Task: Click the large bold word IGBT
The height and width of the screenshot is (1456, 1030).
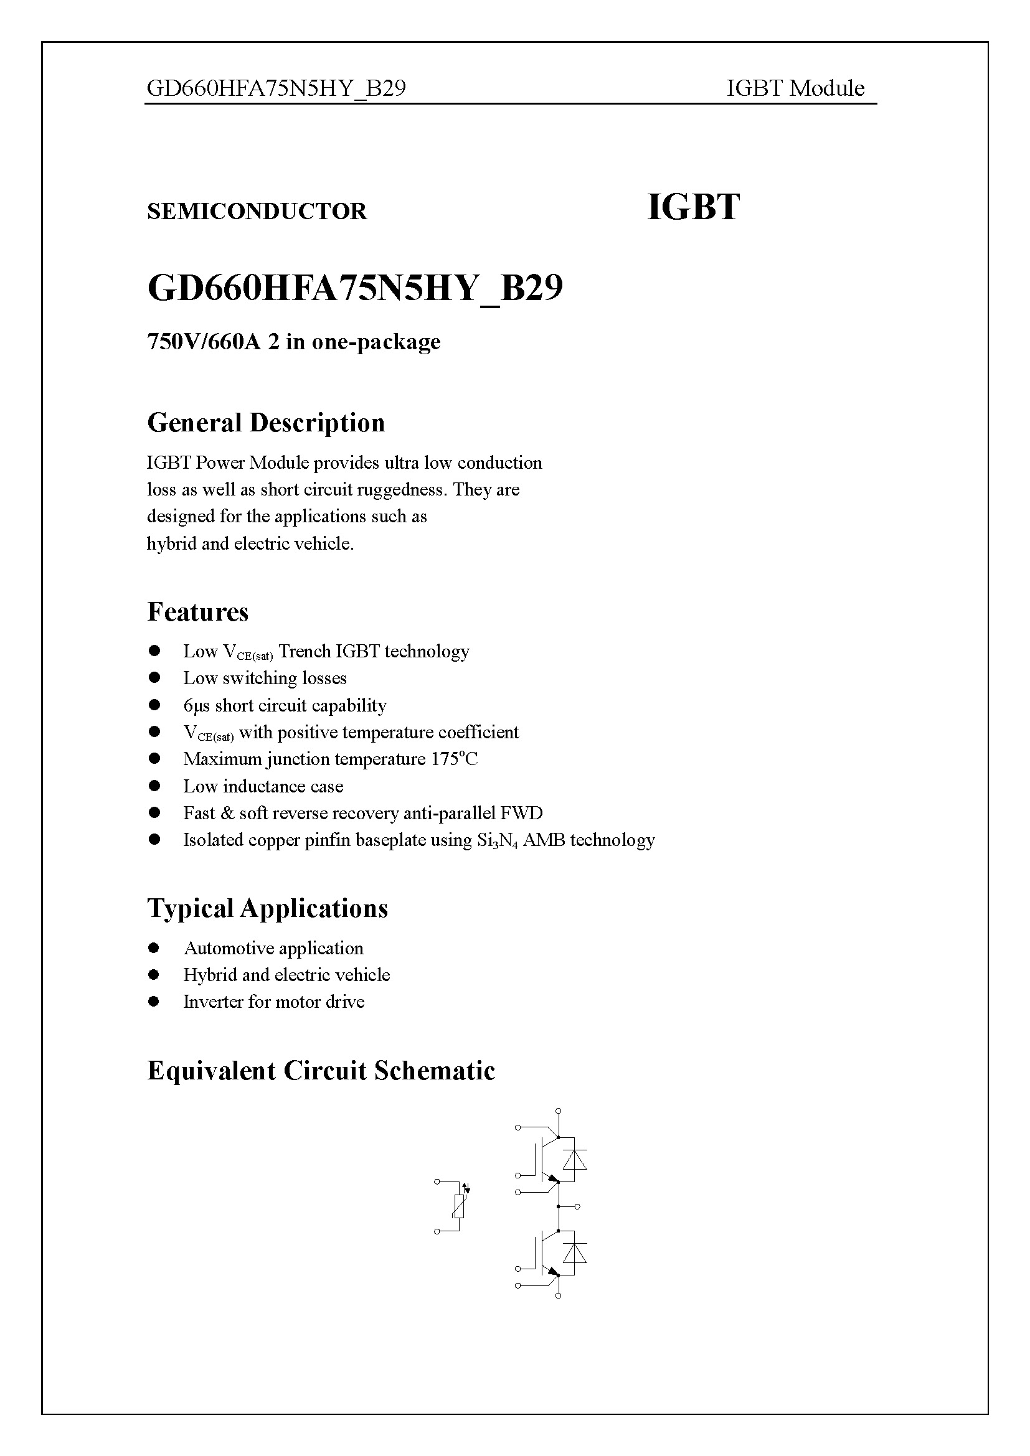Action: click(692, 207)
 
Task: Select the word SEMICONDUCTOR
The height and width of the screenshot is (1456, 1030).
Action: click(257, 211)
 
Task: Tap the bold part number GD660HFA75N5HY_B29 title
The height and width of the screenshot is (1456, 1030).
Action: click(355, 289)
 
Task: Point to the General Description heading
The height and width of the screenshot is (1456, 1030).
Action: click(266, 423)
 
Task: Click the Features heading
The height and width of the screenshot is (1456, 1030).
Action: click(198, 612)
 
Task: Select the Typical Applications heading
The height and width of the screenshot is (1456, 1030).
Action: click(267, 908)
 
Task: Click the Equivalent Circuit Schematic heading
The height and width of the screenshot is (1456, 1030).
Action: click(321, 1071)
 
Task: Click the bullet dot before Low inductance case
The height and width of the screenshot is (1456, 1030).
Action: click(154, 786)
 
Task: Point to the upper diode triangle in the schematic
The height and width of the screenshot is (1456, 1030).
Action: click(575, 1160)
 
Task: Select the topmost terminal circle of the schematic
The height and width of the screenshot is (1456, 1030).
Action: click(558, 1111)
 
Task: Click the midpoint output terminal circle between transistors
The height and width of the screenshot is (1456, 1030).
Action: click(577, 1206)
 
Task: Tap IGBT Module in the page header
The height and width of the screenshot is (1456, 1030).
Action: click(795, 88)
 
